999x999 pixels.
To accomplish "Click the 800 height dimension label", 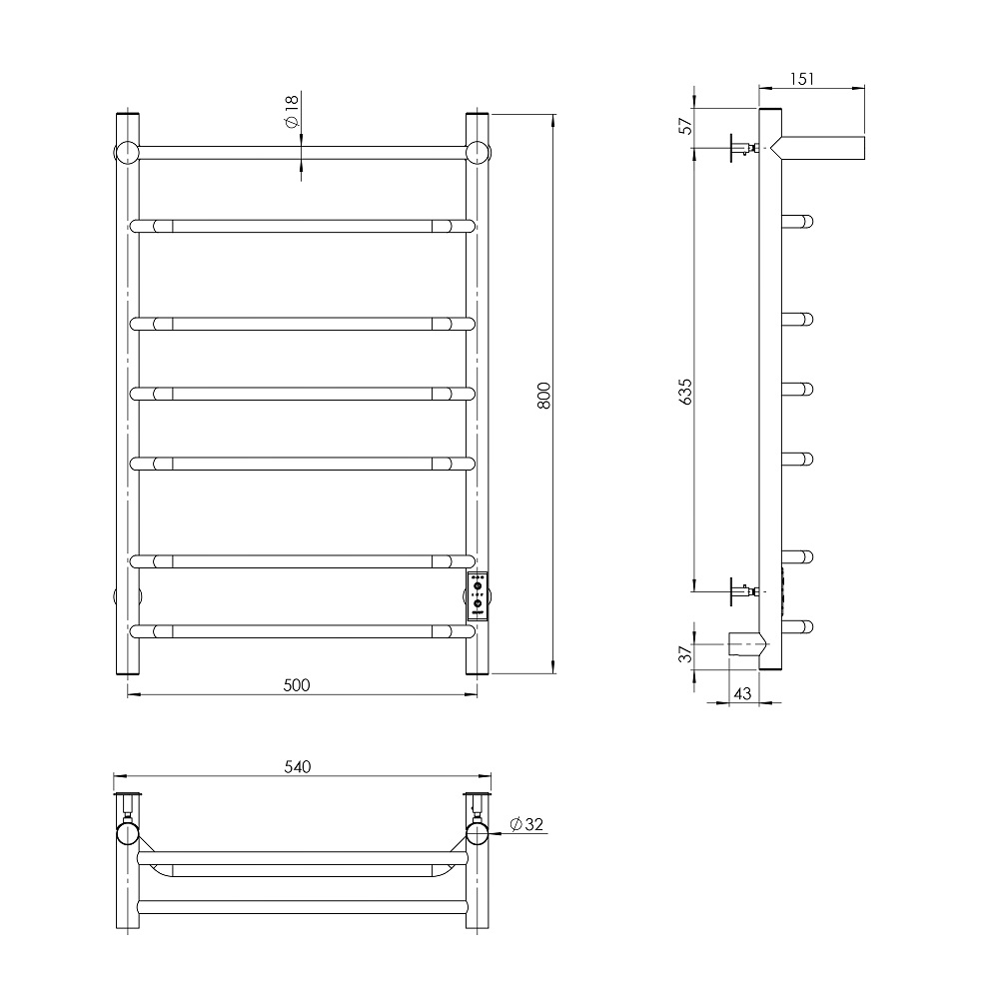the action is (x=543, y=395).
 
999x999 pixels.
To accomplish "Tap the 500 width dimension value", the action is (x=297, y=685).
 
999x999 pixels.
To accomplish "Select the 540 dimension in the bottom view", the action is (x=298, y=766).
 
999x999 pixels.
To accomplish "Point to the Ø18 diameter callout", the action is (x=292, y=111).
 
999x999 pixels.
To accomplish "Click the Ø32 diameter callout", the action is (x=526, y=824).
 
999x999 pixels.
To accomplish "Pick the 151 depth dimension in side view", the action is (x=802, y=79).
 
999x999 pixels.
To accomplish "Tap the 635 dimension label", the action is (x=685, y=392).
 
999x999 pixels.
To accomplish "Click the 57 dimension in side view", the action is (x=685, y=126).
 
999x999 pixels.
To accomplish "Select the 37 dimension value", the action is (x=685, y=653).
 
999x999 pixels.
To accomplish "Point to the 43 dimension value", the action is (x=743, y=693).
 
